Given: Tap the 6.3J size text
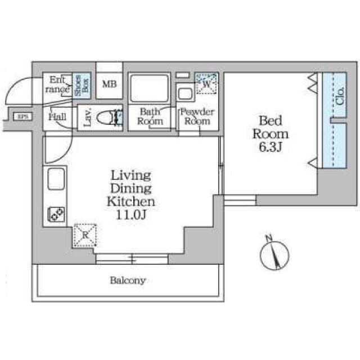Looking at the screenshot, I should click(270, 147).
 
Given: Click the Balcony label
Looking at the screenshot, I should click(128, 280).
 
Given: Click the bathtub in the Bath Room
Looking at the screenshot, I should click(149, 88).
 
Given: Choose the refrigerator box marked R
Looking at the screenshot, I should click(85, 236).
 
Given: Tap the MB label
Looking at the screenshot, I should click(109, 85).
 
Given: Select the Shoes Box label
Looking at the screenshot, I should click(82, 86).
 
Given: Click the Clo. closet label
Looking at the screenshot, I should click(340, 97).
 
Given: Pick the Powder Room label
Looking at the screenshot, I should click(197, 116).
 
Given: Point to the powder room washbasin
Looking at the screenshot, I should click(185, 92).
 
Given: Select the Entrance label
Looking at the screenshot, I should click(58, 84).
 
